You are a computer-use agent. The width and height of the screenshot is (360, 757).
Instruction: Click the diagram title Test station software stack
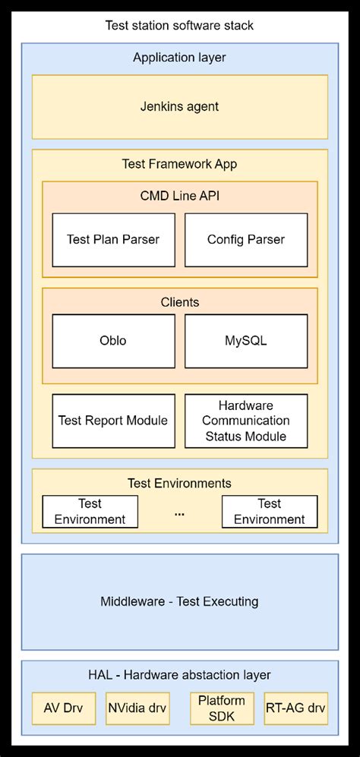tap(179, 26)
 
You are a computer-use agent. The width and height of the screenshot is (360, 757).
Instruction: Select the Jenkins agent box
tap(179, 107)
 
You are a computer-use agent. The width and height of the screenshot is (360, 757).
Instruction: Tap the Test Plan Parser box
tap(113, 239)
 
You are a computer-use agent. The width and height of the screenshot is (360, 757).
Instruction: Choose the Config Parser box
tap(246, 239)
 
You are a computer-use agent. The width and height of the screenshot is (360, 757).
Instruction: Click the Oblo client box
tap(113, 341)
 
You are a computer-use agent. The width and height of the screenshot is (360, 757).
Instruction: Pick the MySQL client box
tap(246, 341)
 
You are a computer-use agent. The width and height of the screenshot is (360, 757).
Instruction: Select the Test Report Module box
tap(113, 421)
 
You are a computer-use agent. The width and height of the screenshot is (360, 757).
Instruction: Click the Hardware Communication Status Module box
tap(246, 421)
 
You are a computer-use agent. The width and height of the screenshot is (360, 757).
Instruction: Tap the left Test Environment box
tap(90, 512)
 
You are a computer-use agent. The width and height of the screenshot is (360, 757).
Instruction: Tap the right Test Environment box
tap(269, 512)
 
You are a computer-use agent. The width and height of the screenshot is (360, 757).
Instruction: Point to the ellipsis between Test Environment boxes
tap(179, 514)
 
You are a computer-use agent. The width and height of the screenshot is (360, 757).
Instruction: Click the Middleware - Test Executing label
tap(179, 602)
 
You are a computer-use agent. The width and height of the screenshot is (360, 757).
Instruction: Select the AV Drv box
tap(64, 708)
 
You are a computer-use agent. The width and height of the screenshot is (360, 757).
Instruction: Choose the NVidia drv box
tap(136, 708)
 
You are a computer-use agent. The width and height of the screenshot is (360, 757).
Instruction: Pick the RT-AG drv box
tap(295, 708)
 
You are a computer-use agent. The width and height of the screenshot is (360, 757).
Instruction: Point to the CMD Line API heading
tap(179, 196)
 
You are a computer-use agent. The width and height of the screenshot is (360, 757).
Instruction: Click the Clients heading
tap(179, 302)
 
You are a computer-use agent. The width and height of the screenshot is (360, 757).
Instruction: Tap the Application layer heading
tap(179, 58)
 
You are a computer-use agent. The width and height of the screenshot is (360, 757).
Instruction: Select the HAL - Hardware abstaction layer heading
tap(179, 675)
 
